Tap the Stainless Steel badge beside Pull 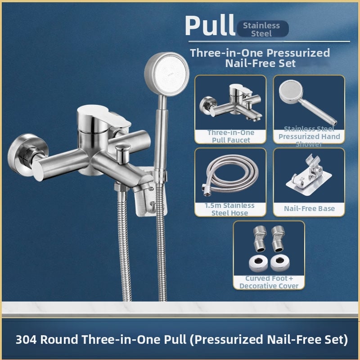click(261, 29)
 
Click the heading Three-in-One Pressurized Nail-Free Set click(260, 58)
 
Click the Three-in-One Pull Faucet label click(230, 136)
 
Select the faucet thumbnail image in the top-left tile click(229, 103)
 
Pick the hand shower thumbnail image click(306, 101)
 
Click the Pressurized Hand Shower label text click(309, 136)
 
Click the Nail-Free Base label click(309, 208)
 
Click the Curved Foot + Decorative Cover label click(269, 282)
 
